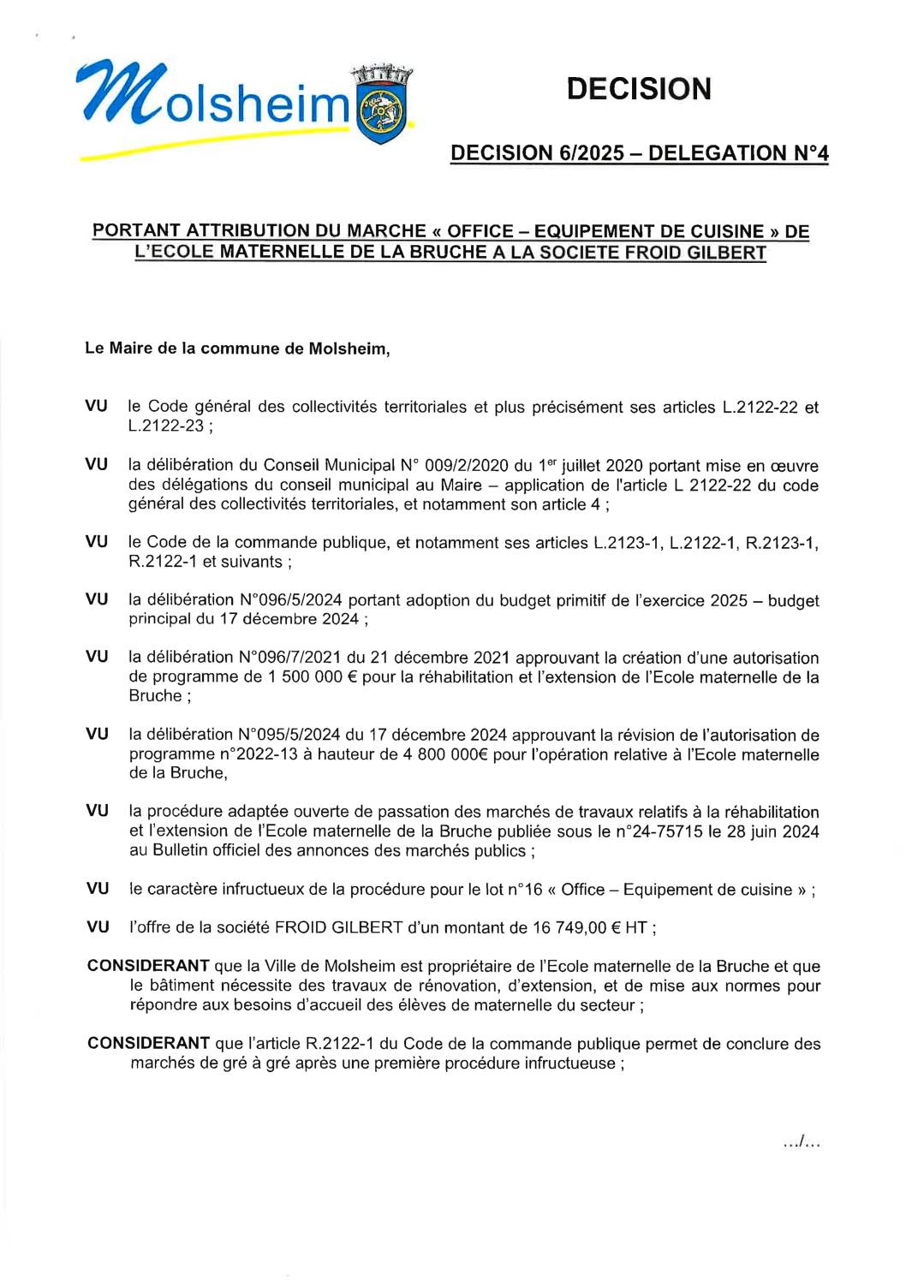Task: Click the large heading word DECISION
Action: [639, 89]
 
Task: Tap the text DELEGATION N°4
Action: [738, 153]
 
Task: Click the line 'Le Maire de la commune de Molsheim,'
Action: [237, 349]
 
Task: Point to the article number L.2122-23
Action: [166, 426]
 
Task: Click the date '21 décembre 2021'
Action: [439, 658]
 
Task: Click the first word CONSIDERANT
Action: [148, 966]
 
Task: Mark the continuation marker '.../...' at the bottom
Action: [802, 1141]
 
